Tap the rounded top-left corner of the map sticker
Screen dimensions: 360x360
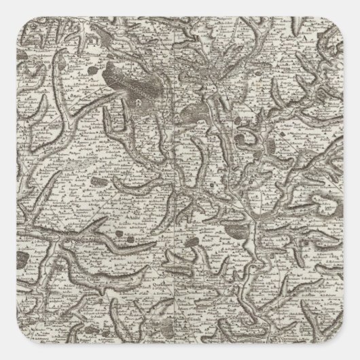coord(5,5)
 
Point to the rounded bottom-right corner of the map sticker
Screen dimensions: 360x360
coord(355,355)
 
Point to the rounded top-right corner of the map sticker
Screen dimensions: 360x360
coord(355,5)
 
